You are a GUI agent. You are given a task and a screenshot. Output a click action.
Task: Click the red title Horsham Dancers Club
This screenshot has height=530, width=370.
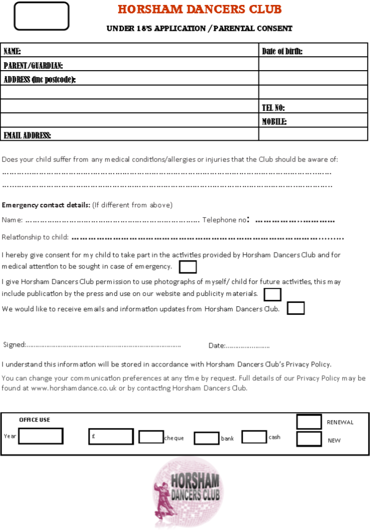pos(199,9)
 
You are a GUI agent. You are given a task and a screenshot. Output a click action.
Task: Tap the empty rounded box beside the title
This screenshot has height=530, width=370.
pos(41,16)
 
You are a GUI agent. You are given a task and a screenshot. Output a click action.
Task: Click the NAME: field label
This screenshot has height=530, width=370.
pos(12,51)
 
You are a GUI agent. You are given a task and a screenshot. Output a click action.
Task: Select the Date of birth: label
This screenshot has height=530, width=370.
pos(282,51)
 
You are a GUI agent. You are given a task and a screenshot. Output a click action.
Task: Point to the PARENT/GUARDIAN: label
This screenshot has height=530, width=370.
pos(33,66)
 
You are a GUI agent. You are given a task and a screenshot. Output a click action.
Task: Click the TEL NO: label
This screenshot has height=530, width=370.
pos(274,108)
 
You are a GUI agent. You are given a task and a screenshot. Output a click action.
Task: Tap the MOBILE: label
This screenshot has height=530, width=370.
pos(275,122)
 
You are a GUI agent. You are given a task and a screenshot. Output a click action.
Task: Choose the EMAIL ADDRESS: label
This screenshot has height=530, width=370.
pos(27,136)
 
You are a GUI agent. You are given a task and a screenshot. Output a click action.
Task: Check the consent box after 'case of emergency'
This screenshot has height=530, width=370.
pos(187,267)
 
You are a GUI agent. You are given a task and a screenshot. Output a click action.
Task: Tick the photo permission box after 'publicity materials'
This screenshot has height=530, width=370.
pos(272,294)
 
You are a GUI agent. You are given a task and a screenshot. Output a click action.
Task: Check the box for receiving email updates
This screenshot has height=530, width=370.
pos(295,308)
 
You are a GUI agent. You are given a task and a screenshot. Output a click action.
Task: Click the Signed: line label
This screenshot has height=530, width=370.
pos(14,345)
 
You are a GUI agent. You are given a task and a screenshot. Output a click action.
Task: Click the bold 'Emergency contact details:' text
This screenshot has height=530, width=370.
pos(46,205)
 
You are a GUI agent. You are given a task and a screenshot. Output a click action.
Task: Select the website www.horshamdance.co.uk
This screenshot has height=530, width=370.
pos(74,388)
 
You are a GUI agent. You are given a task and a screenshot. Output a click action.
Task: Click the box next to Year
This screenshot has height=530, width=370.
pos(41,436)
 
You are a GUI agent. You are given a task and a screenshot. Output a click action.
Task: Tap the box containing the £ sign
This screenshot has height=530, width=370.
pos(111,436)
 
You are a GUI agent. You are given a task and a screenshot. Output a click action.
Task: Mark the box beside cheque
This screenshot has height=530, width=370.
pos(151,437)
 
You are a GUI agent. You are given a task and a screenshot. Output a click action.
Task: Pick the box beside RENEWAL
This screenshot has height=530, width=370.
pos(309,422)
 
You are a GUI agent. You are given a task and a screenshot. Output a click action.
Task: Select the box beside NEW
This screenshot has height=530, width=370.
pos(309,439)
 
